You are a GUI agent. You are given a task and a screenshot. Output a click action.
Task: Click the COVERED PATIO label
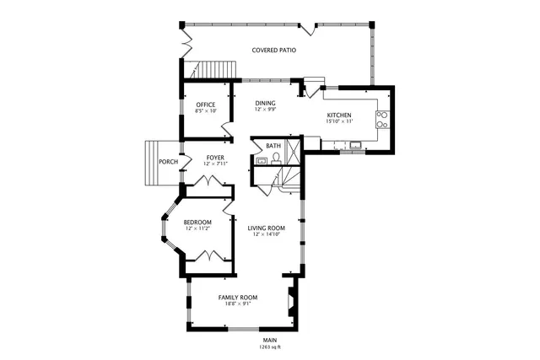(x=273, y=51)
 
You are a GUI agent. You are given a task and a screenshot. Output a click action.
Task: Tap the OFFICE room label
(x=206, y=105)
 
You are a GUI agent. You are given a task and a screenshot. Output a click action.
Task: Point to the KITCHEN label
(x=339, y=115)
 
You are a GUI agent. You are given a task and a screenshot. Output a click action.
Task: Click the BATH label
(x=273, y=146)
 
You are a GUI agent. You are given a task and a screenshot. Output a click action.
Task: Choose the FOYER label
(x=215, y=157)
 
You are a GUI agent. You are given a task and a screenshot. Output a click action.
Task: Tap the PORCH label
(x=168, y=162)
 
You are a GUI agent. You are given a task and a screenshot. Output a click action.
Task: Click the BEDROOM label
(x=197, y=222)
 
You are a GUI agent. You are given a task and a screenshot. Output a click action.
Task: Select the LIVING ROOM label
(x=266, y=228)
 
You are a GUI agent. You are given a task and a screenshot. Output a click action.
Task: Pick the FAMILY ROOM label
(x=238, y=298)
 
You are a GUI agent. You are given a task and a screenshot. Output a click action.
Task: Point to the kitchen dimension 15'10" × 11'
(x=339, y=122)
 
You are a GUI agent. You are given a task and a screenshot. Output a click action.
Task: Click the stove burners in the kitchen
(x=382, y=119)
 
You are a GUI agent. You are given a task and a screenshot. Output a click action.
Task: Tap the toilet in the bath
(x=275, y=157)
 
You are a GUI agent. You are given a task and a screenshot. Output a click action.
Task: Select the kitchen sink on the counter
(x=355, y=145)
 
